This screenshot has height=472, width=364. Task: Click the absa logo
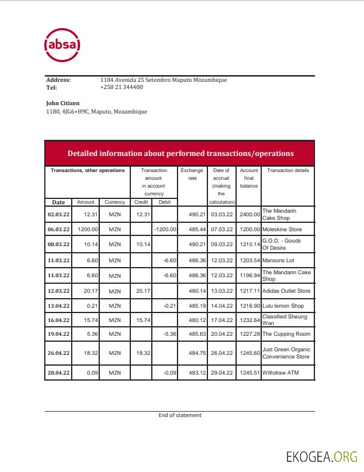(62, 45)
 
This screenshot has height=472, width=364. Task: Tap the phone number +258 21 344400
(121, 87)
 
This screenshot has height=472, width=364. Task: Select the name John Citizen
(63, 103)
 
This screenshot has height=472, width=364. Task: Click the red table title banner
(180, 154)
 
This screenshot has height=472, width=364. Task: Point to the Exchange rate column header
(192, 174)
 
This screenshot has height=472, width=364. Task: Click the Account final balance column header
(249, 178)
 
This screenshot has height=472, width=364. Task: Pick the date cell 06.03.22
(59, 229)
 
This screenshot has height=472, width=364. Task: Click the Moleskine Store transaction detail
(282, 229)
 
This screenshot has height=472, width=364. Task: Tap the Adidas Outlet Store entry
(286, 291)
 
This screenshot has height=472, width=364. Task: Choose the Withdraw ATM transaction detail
(280, 373)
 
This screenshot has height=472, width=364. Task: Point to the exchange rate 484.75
(192, 354)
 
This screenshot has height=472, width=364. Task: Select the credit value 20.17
(142, 291)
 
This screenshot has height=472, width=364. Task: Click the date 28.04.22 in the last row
(59, 373)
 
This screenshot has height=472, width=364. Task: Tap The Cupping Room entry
(286, 333)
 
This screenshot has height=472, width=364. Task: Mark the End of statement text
(180, 415)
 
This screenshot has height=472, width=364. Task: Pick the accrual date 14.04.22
(221, 306)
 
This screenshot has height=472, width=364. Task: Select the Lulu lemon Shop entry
(283, 306)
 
